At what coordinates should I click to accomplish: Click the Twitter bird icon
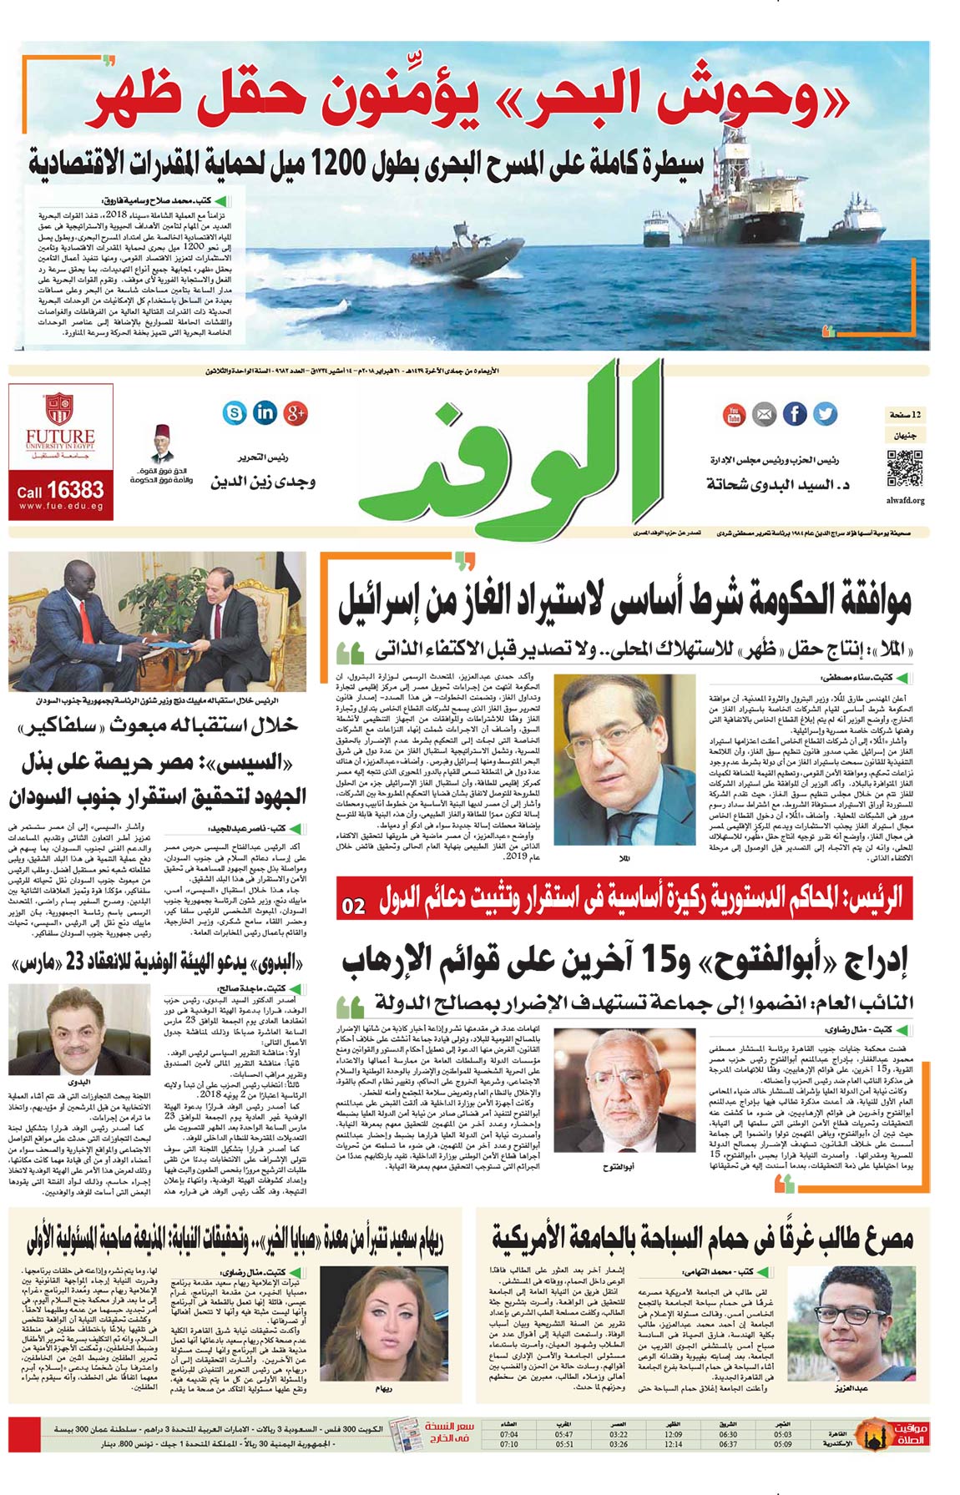point(825,413)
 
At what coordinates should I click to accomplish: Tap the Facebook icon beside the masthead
point(795,413)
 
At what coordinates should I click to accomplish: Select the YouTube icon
point(733,414)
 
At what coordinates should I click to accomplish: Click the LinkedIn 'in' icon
point(265,412)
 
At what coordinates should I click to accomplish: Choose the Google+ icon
point(296,412)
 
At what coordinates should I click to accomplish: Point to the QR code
point(904,468)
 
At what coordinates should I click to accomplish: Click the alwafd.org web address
point(905,501)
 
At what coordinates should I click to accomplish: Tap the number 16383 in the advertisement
point(75,490)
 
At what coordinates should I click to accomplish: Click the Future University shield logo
point(60,409)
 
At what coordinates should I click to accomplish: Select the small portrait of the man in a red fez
point(162,445)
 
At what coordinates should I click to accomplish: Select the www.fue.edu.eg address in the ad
point(60,506)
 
